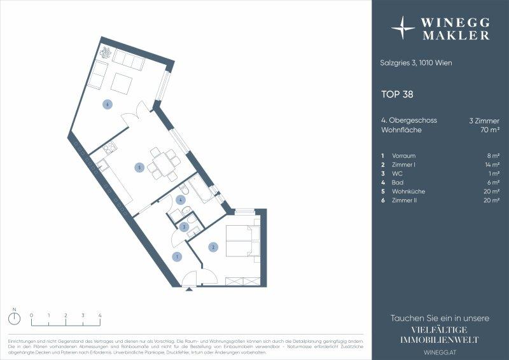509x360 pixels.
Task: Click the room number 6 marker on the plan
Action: click(x=108, y=104)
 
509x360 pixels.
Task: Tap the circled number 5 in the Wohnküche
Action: click(x=139, y=168)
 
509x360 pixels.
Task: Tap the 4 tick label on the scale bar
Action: click(x=100, y=315)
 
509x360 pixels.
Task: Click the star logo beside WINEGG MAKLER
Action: click(x=403, y=28)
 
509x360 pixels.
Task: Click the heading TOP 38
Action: click(x=397, y=94)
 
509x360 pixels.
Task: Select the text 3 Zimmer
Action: click(x=484, y=120)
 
